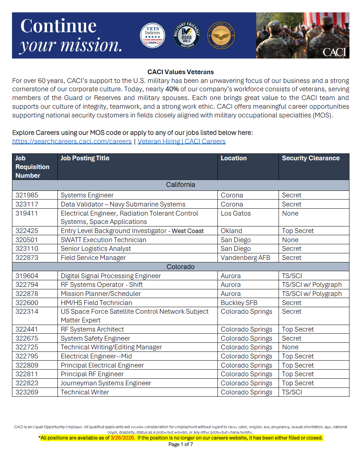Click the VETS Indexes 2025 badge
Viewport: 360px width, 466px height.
point(152,36)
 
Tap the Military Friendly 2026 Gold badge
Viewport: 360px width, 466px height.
point(187,35)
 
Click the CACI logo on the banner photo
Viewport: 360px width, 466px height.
point(334,52)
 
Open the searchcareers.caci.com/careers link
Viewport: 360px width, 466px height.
point(72,141)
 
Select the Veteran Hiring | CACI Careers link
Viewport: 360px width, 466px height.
point(181,141)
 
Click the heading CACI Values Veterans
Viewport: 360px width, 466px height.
point(180,72)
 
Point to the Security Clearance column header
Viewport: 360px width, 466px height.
point(311,158)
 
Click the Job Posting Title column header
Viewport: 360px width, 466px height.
point(85,158)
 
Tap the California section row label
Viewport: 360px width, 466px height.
point(180,185)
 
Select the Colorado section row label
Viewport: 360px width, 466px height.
point(180,267)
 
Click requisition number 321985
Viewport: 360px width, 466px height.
point(27,195)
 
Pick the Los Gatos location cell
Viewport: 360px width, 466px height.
point(236,213)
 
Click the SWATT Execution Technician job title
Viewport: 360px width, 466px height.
point(103,240)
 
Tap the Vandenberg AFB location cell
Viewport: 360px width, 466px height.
point(245,258)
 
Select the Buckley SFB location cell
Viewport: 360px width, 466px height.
point(239,303)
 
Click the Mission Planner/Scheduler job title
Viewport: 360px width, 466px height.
point(101,294)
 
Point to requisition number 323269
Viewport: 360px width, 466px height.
point(27,392)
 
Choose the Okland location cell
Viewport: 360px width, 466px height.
point(231,231)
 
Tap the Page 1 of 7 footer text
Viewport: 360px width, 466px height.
point(180,445)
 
